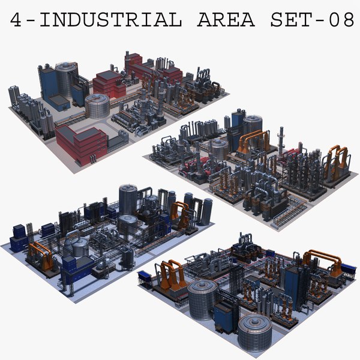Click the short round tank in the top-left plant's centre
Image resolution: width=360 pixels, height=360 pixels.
click(x=97, y=106)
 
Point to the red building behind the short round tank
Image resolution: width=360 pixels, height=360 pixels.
click(x=109, y=83)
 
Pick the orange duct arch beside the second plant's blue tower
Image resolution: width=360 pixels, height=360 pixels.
click(x=251, y=142)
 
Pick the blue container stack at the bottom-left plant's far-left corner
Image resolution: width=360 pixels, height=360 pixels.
click(x=18, y=236)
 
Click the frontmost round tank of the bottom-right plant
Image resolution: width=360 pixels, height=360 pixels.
click(x=254, y=332)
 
